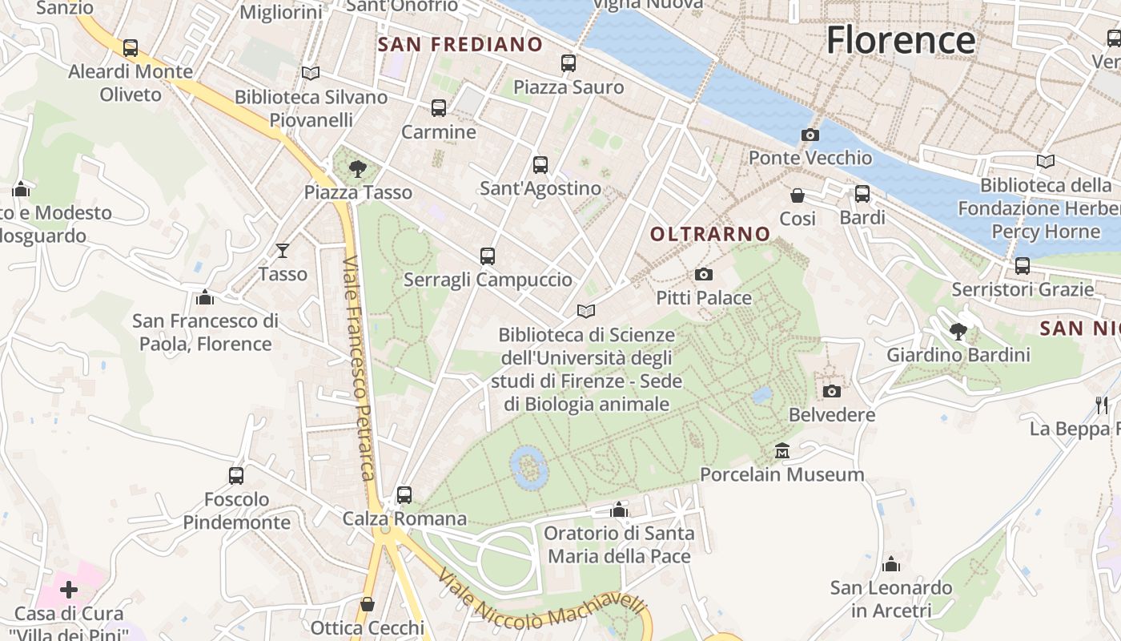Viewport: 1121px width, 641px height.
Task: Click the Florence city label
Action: click(901, 40)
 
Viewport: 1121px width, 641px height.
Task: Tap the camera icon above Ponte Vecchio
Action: click(810, 135)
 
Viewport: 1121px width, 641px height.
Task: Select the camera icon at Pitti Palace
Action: click(704, 275)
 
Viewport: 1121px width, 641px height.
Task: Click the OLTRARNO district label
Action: click(710, 234)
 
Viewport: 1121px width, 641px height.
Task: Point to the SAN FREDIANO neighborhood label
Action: click(460, 45)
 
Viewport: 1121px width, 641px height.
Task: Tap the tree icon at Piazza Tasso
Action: click(358, 169)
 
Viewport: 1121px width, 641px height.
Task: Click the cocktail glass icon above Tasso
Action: click(282, 251)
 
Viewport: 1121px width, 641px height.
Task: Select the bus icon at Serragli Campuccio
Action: click(488, 256)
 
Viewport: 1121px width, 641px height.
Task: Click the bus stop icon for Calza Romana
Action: click(404, 495)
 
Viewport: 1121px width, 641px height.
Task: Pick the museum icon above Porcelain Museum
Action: click(782, 451)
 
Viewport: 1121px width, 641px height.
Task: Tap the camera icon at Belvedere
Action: click(832, 391)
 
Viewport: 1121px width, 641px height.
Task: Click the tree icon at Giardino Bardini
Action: click(958, 331)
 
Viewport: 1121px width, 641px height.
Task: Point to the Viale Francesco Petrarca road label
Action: click(358, 369)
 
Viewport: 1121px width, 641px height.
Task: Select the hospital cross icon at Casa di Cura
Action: click(69, 591)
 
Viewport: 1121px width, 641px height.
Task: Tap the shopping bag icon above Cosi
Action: click(798, 196)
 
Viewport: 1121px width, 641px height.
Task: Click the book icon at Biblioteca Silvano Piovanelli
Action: click(311, 74)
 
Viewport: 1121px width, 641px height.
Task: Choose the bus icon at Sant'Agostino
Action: click(540, 165)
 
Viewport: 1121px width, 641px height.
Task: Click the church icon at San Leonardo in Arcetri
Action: click(891, 564)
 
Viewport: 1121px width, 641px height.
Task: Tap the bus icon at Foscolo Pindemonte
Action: click(236, 476)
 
